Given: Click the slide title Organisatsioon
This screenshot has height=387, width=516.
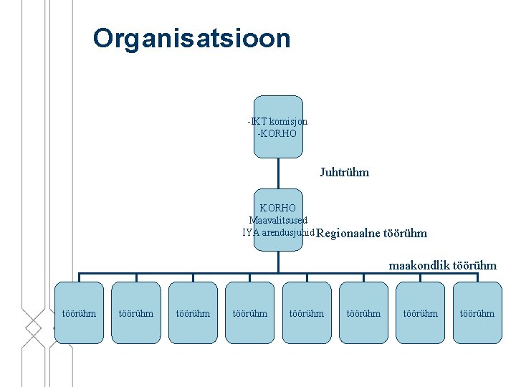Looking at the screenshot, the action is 191,38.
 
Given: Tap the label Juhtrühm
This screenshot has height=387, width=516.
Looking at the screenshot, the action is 344,172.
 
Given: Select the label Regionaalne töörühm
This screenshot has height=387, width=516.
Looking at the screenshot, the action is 371,233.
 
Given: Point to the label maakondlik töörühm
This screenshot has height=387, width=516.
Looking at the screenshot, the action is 442,265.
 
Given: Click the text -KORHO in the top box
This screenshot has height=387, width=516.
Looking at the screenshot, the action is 277,133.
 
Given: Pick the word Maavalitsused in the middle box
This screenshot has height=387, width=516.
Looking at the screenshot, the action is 278,220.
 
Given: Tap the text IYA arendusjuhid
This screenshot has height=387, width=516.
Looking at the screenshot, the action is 278,232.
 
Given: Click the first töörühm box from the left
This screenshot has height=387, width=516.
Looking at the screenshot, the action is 79,312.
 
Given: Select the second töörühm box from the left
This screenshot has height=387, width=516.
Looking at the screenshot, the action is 135,312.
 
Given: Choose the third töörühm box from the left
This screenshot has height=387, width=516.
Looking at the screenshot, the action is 193,312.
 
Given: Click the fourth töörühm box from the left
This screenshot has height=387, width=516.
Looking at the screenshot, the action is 249,312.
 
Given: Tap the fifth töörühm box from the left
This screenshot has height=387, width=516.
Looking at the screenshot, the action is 306,312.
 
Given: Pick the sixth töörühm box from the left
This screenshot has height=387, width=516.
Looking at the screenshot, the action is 363,312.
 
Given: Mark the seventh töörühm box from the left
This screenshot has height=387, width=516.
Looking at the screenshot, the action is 420,312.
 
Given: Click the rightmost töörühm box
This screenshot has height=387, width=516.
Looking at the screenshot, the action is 477,312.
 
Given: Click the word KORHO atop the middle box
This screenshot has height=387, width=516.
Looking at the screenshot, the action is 278,208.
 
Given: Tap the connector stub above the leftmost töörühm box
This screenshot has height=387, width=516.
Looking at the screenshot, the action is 79,277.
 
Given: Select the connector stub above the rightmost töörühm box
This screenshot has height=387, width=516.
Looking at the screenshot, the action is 477,277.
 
